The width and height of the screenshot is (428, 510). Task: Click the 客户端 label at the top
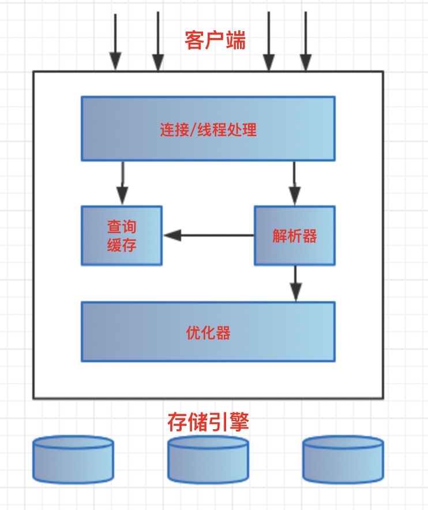[x=215, y=41]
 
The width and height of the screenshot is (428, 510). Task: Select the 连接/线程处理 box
[x=208, y=128]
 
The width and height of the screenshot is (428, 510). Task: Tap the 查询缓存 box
[x=122, y=235]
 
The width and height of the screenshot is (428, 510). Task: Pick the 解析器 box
[x=295, y=235]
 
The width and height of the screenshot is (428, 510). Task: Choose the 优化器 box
[x=208, y=332]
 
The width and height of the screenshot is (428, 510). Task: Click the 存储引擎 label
[x=208, y=422]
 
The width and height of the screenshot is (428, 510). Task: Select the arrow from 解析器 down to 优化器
[x=295, y=283]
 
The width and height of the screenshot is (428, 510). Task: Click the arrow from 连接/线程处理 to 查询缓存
[x=122, y=182]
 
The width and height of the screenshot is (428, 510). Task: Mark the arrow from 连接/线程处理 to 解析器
[x=295, y=182]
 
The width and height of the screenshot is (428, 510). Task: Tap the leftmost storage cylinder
[x=73, y=459]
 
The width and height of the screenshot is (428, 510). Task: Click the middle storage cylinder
[x=208, y=459]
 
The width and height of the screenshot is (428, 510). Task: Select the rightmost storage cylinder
[x=343, y=459]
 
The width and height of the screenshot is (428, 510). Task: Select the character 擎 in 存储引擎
[x=239, y=422]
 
